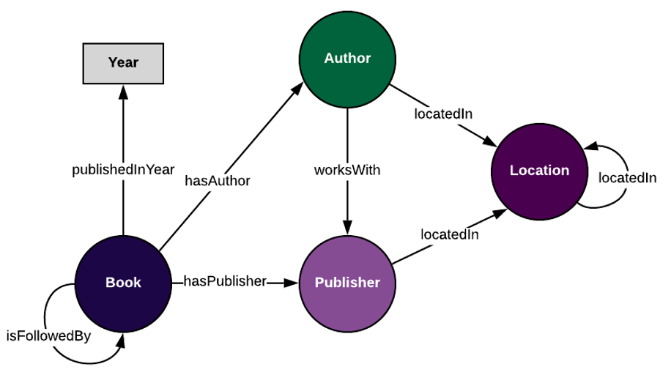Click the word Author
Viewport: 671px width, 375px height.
347,59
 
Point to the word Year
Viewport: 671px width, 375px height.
123,63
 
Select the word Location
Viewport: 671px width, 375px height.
539,171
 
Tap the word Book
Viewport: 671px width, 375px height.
123,283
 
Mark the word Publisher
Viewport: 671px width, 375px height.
347,283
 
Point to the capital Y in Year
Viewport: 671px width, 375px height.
113,63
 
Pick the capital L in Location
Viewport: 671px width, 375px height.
514,171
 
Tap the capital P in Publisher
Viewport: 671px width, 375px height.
319,283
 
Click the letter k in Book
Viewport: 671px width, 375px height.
137,283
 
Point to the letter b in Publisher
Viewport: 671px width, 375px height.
338,283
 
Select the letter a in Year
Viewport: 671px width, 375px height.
129,64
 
